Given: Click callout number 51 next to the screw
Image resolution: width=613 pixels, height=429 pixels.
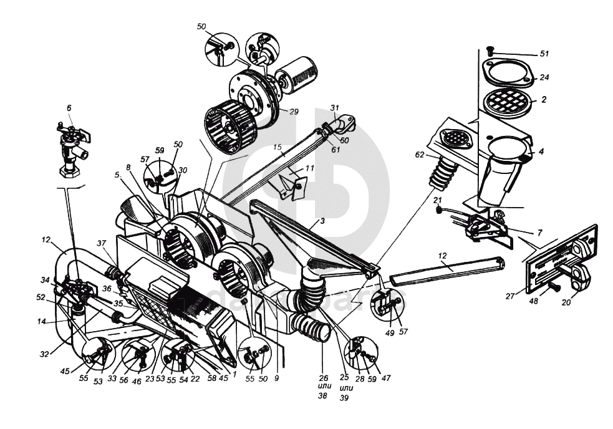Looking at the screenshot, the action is [544, 54].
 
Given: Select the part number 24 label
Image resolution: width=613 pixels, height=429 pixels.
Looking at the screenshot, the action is [544, 79].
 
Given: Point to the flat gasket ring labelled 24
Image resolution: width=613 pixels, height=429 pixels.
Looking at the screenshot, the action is [508, 72].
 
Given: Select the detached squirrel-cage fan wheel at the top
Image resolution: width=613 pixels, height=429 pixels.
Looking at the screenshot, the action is [231, 128].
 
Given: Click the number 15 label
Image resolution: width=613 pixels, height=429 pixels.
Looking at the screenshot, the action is [278, 147].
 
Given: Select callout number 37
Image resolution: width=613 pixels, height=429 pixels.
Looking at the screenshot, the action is [101, 243].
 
